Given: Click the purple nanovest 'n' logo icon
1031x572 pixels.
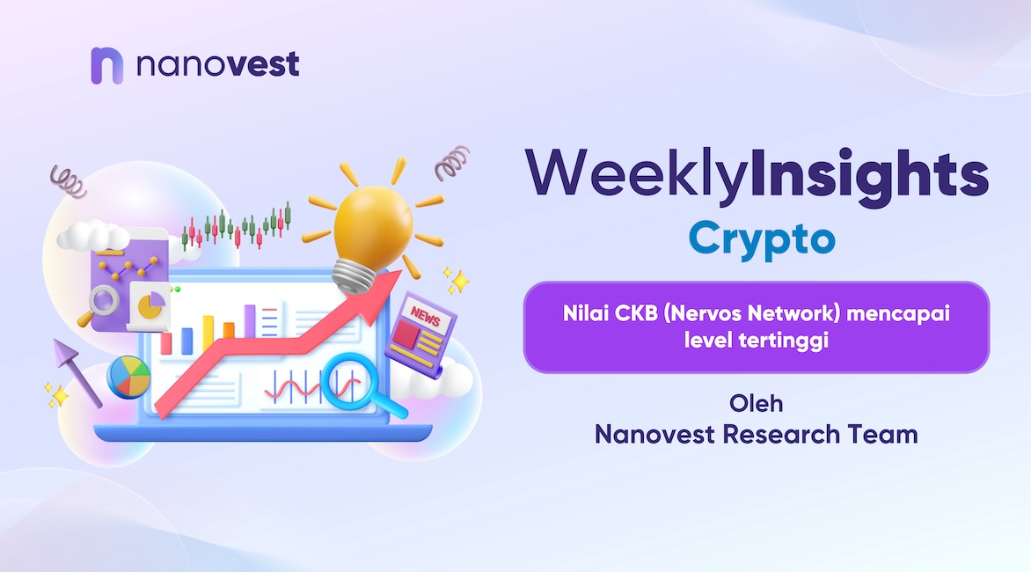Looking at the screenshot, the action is point(106,65).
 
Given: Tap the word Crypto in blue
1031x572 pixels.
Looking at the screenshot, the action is point(762,239).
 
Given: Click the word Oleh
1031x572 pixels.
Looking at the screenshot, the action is point(757,403).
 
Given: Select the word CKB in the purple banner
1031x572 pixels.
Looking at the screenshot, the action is point(636,313).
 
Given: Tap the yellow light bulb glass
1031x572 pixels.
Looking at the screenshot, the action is point(373,225).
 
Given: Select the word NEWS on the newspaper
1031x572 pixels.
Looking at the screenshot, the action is point(426,318).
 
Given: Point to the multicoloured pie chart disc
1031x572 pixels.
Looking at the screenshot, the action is point(128,377).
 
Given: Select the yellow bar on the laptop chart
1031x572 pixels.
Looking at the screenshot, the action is point(208,334).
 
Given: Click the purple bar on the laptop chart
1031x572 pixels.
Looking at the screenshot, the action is point(250,321).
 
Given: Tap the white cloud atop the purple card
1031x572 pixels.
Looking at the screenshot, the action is point(92,236).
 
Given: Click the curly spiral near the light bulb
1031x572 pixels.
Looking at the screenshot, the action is point(452,163).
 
